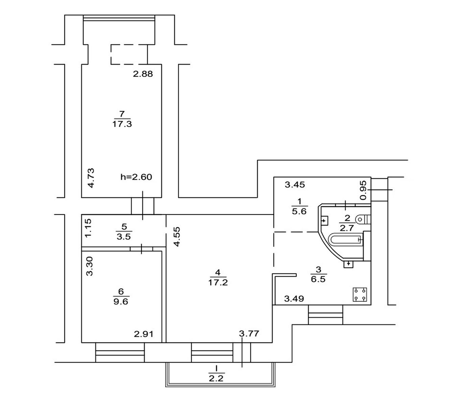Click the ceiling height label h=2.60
pyautogui.click(x=136, y=177)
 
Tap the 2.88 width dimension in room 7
pyautogui.click(x=143, y=74)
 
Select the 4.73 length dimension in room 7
pyautogui.click(x=91, y=178)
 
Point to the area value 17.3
pyautogui.click(x=122, y=124)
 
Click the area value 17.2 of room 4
pyautogui.click(x=218, y=283)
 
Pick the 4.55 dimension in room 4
pyautogui.click(x=177, y=236)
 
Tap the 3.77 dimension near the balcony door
pyautogui.click(x=249, y=334)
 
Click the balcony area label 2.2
pyautogui.click(x=216, y=378)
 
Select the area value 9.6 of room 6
pyautogui.click(x=121, y=301)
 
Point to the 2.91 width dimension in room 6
pyautogui.click(x=144, y=334)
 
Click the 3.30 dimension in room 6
pyautogui.click(x=90, y=266)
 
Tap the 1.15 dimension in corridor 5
pyautogui.click(x=88, y=228)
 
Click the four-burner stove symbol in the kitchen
pyautogui.click(x=360, y=294)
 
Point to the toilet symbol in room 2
pyautogui.click(x=364, y=220)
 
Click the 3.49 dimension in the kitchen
pyautogui.click(x=294, y=298)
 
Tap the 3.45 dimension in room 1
pyautogui.click(x=295, y=184)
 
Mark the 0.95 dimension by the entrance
pyautogui.click(x=364, y=190)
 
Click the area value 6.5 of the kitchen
pyautogui.click(x=318, y=279)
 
